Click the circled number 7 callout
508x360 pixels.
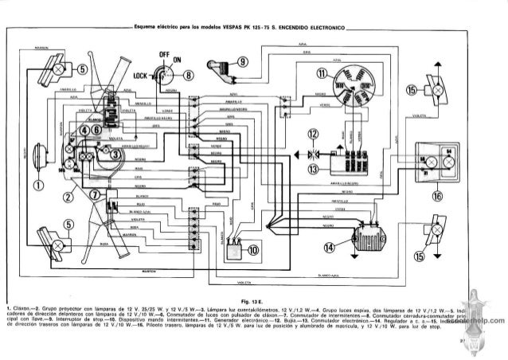click(x=95, y=195)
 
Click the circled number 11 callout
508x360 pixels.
click(x=321, y=75)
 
